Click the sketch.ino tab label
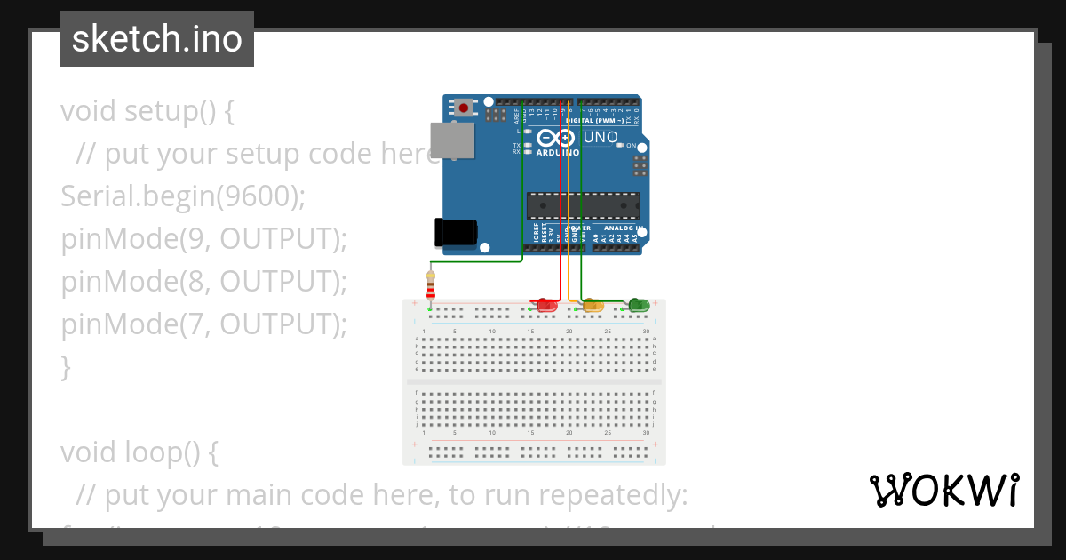(x=157, y=39)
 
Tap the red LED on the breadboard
(x=546, y=306)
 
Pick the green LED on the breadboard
(x=638, y=306)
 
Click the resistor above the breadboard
(x=431, y=287)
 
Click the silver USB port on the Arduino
(x=451, y=140)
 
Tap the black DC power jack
(x=454, y=232)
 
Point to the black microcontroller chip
(x=582, y=205)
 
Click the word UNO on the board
(x=601, y=138)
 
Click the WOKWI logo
(x=943, y=491)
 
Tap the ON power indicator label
(x=632, y=146)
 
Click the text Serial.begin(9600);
(x=182, y=196)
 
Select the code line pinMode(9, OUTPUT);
(x=203, y=239)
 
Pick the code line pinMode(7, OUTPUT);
(x=203, y=324)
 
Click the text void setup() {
(x=147, y=111)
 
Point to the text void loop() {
(x=139, y=452)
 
